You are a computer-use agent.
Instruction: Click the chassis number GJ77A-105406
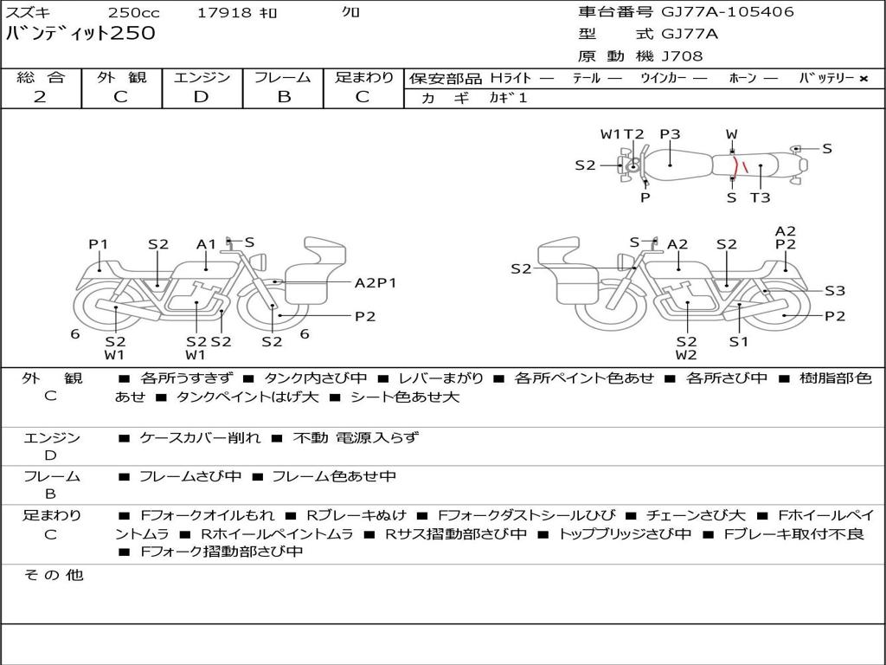point(727,12)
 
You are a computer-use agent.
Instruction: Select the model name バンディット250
point(80,34)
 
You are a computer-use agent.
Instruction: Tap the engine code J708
point(682,56)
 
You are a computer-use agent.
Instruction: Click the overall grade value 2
point(40,97)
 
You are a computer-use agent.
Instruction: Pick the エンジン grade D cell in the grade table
point(201,97)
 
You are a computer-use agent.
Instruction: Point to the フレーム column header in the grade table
point(283,77)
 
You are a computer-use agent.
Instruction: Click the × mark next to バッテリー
point(863,79)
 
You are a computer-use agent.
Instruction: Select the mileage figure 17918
point(224,12)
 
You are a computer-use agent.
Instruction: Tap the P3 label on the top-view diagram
point(671,134)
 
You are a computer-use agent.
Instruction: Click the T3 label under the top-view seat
point(760,197)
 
